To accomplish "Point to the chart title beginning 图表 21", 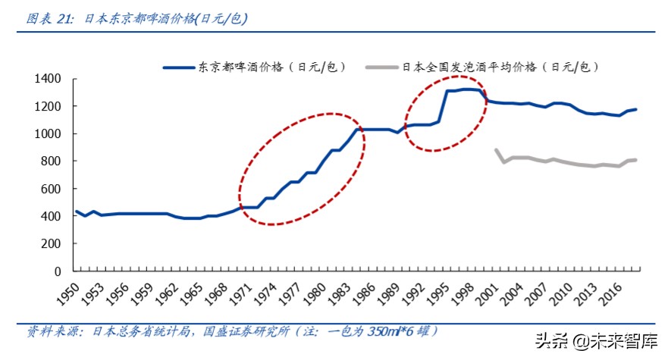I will [137, 20].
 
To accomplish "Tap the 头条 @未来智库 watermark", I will [597, 343].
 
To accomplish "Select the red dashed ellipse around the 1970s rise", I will [301, 168].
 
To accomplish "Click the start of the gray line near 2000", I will [496, 150].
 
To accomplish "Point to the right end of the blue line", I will [635, 109].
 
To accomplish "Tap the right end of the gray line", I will [635, 159].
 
